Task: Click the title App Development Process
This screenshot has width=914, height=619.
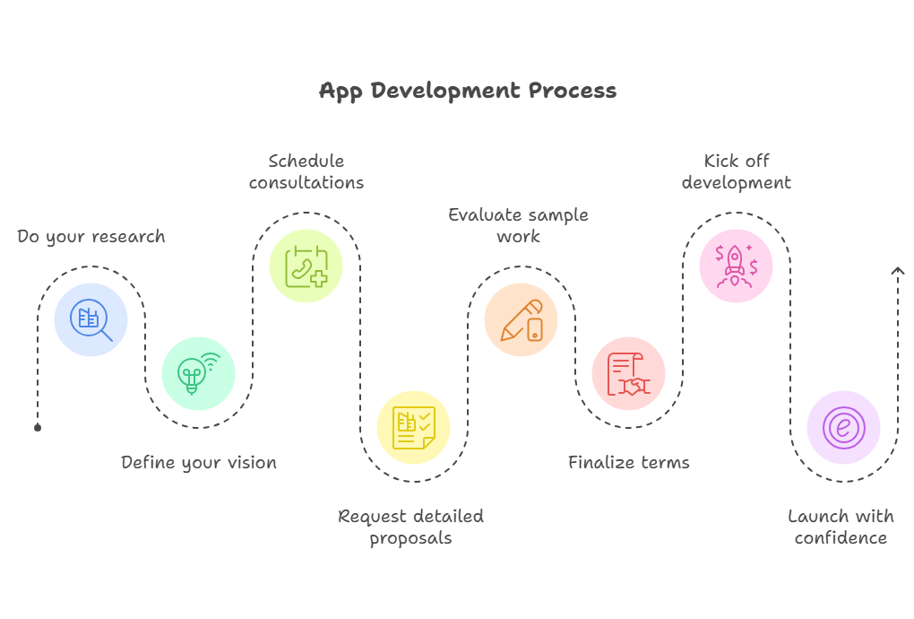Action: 468,91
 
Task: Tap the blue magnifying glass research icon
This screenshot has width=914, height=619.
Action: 91,319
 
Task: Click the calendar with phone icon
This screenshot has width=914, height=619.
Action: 306,266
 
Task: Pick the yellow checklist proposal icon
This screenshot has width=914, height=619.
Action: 414,428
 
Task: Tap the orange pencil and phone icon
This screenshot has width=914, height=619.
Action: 522,319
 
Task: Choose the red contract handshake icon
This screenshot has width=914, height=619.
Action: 629,374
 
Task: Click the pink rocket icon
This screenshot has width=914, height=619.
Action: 737,266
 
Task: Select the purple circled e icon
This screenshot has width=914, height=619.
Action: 843,428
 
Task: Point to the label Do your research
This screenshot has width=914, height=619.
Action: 91,237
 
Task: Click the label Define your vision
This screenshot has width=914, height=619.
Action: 199,463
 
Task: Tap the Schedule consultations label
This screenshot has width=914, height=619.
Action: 306,171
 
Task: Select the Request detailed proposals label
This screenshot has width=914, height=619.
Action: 411,527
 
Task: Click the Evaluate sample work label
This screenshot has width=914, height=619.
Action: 518,225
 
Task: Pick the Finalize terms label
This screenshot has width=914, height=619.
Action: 629,463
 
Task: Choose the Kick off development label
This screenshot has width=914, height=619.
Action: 737,171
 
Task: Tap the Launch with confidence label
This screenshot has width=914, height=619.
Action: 841,527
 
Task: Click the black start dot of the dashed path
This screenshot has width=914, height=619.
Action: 38,428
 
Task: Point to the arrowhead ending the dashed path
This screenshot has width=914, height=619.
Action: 898,270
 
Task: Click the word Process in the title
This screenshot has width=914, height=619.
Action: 573,91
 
